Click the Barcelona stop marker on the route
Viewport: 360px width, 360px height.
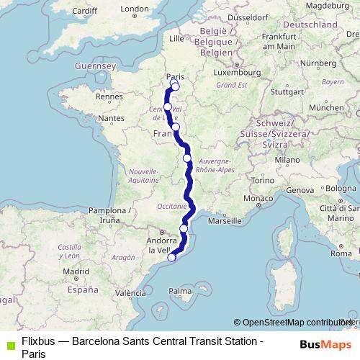(171, 257)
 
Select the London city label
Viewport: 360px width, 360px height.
(134, 9)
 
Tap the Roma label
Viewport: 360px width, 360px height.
(341, 254)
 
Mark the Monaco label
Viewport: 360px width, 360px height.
(257, 198)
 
